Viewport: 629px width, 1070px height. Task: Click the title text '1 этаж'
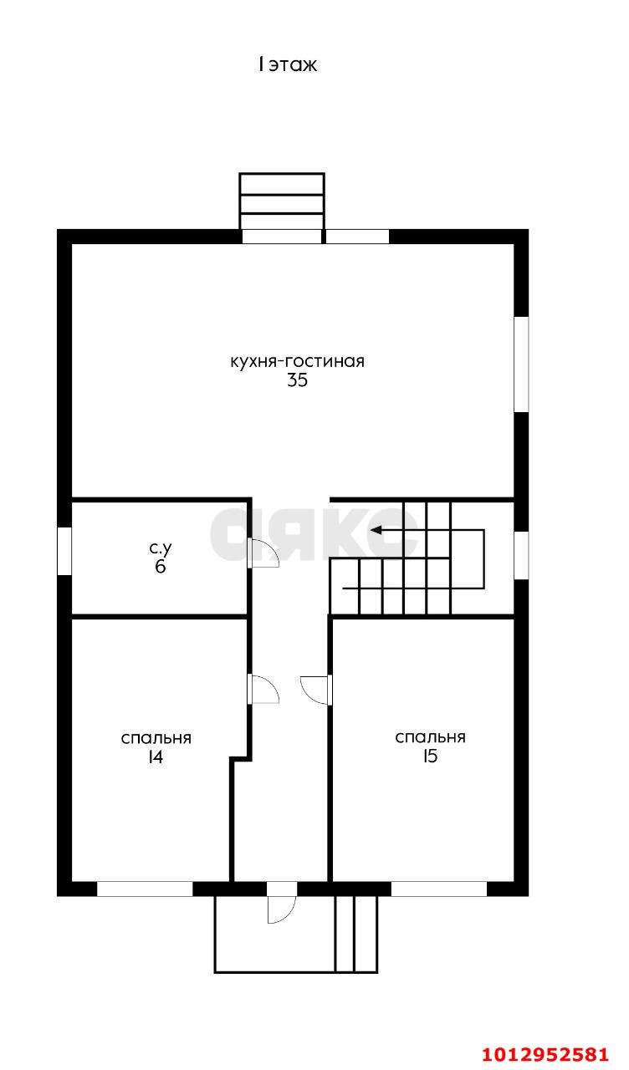pyautogui.click(x=287, y=64)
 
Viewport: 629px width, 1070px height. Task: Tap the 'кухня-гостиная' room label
pyautogui.click(x=297, y=362)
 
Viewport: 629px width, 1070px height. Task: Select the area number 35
pyautogui.click(x=297, y=380)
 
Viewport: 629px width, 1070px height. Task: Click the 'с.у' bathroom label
pyautogui.click(x=161, y=548)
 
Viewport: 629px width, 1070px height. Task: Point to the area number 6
pyautogui.click(x=161, y=567)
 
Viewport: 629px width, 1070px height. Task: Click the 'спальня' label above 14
pyautogui.click(x=156, y=738)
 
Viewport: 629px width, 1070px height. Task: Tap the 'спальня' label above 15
pyautogui.click(x=430, y=737)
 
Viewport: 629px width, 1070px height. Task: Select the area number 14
pyautogui.click(x=156, y=757)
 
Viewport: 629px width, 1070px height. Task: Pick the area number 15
pyautogui.click(x=430, y=757)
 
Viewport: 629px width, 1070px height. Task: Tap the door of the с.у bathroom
pyautogui.click(x=263, y=553)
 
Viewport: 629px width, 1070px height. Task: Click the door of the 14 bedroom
pyautogui.click(x=263, y=690)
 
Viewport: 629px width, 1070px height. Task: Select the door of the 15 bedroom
pyautogui.click(x=316, y=690)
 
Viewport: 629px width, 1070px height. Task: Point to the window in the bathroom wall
pyautogui.click(x=64, y=551)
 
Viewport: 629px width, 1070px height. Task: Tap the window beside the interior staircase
pyautogui.click(x=521, y=555)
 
